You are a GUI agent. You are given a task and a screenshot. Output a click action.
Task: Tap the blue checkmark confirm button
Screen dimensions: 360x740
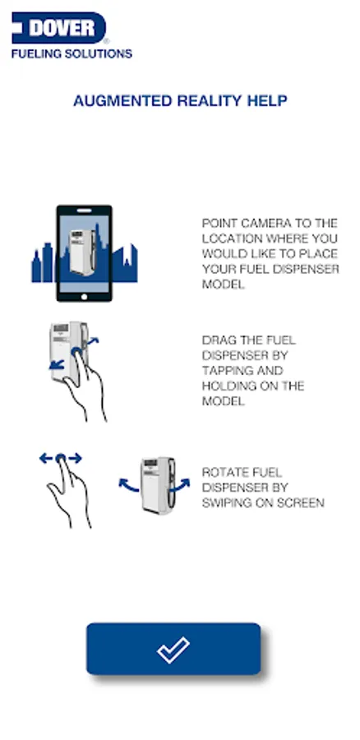pos(173,649)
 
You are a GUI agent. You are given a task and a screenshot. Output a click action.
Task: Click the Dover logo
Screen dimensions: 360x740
pos(59,28)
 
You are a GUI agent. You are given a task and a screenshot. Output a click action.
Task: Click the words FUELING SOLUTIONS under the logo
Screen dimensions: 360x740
pos(72,53)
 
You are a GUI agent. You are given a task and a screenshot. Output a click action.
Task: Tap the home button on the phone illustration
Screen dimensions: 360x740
pos(85,296)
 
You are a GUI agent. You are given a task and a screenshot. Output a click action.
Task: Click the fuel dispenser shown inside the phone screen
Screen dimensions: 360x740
pos(82,252)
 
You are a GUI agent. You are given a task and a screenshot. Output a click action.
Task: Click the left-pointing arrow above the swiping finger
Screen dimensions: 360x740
pos(46,458)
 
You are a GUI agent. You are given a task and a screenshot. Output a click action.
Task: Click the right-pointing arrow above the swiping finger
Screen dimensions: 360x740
pos(75,458)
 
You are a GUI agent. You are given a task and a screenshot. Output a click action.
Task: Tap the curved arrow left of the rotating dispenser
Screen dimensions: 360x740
pos(128,484)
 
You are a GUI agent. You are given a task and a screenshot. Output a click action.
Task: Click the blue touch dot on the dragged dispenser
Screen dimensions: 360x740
pos(76,352)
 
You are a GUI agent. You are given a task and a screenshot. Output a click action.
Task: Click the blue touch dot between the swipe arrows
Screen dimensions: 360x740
pos(60,458)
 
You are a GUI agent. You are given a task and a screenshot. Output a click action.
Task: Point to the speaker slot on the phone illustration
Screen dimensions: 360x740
pos(84,210)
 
